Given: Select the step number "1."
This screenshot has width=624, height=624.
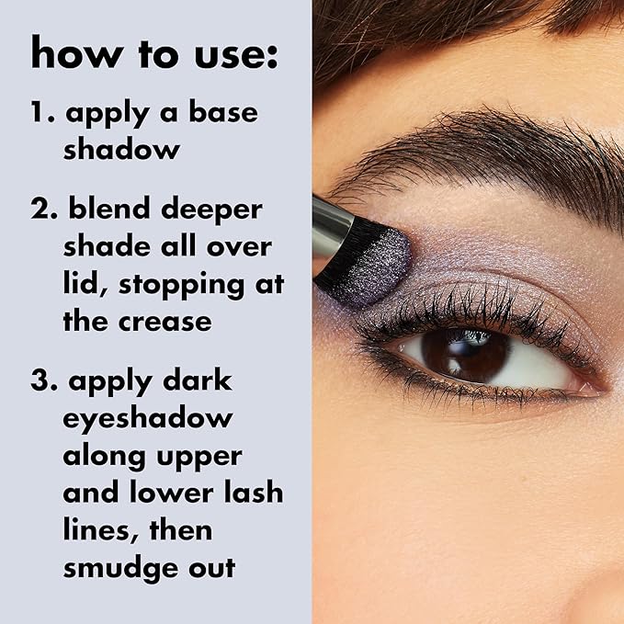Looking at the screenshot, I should pos(42,115).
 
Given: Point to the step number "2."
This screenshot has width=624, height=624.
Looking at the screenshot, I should pos(45,210).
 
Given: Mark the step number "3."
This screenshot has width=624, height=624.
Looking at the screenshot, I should pos(44,380).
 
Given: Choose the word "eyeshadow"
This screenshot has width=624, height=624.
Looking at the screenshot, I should pos(148,419).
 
